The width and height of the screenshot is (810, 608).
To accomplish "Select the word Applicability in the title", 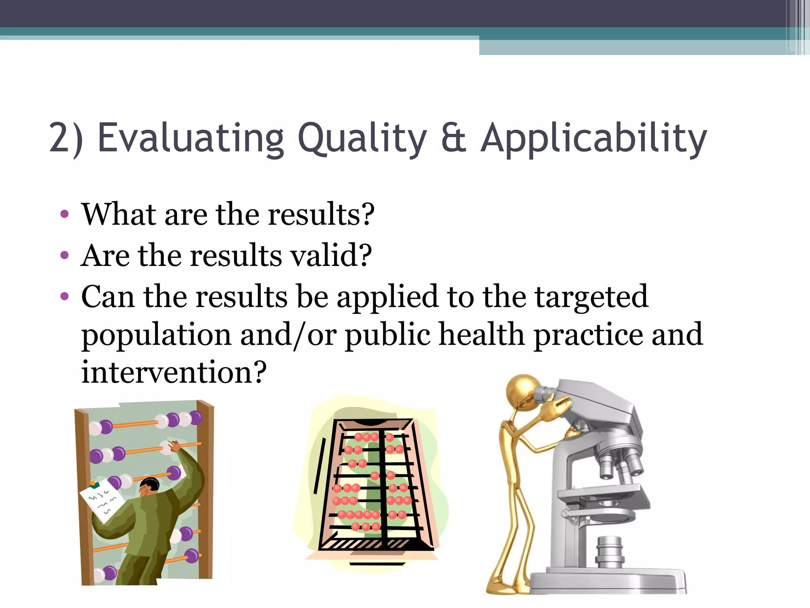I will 593,139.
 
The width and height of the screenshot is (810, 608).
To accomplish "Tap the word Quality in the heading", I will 362,139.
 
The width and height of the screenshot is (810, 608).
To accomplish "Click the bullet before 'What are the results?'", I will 64,215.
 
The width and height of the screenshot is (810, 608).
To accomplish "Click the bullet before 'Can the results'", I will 64,296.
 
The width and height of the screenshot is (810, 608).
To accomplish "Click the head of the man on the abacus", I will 150,486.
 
